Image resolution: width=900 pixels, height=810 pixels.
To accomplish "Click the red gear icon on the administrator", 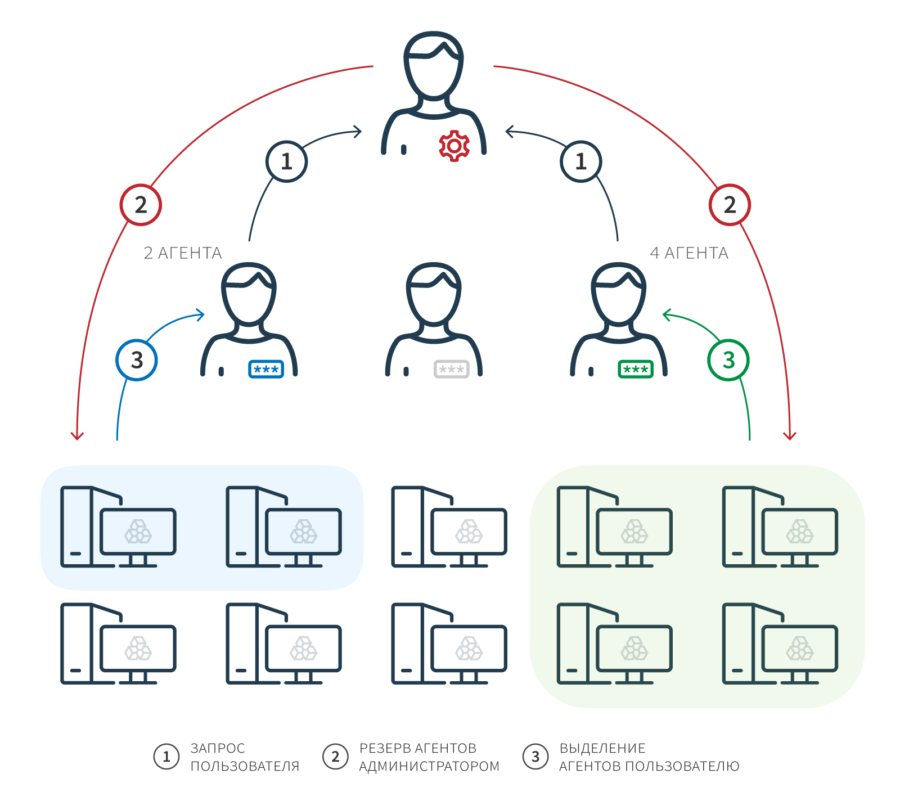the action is point(454,146).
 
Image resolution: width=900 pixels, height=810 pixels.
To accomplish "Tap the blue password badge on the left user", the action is point(266,370).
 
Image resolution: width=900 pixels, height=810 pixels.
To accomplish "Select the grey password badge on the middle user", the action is point(452,370).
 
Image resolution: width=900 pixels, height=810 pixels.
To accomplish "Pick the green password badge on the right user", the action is point(636,370).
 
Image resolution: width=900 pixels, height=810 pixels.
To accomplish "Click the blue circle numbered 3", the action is point(137,360).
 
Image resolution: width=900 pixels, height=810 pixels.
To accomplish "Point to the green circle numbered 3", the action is point(728,360).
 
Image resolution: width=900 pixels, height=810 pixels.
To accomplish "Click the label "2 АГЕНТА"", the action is point(183,253).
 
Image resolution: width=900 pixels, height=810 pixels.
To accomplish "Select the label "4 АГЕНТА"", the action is point(689,253).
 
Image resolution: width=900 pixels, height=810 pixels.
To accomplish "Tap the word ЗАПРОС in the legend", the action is point(218,748).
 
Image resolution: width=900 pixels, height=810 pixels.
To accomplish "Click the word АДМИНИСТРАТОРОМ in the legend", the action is point(429,766).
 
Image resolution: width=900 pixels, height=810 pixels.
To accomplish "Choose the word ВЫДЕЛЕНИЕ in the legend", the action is point(602,748).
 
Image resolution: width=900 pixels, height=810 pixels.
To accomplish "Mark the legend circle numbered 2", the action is point(336,757).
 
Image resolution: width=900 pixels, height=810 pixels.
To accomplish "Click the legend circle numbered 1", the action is point(166,757).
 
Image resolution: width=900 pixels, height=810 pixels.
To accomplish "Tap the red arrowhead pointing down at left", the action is point(77,436).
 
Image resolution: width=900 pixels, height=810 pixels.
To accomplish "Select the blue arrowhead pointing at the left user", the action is point(200,315).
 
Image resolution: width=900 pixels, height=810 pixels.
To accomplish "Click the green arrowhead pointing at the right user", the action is point(667,315).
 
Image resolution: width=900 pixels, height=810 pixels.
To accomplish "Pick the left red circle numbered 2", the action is point(141,205).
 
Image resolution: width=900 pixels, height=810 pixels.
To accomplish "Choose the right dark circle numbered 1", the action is point(581,161).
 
